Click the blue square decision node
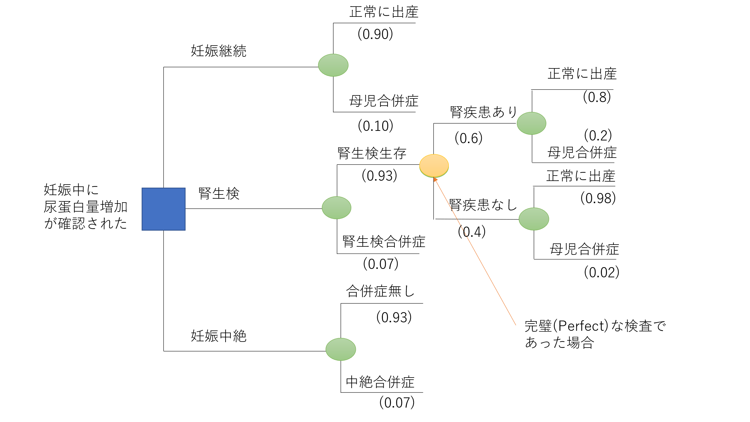pyautogui.click(x=163, y=209)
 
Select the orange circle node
pyautogui.click(x=434, y=165)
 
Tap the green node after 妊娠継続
pyautogui.click(x=333, y=65)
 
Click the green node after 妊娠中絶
pyautogui.click(x=340, y=349)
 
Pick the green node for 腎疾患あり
pyautogui.click(x=531, y=123)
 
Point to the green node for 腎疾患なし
pyautogui.click(x=534, y=219)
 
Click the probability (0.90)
pyautogui.click(x=375, y=34)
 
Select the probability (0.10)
pyautogui.click(x=375, y=126)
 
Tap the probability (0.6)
pyautogui.click(x=469, y=138)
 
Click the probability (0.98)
pyautogui.click(x=598, y=198)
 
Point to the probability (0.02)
pyautogui.click(x=601, y=272)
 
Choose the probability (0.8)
pyautogui.click(x=597, y=97)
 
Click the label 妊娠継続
pyautogui.click(x=218, y=51)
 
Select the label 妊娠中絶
pyautogui.click(x=218, y=336)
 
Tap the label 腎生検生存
pyautogui.click(x=372, y=153)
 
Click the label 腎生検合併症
pyautogui.click(x=384, y=242)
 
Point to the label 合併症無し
pyautogui.click(x=380, y=291)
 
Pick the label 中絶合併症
pyautogui.click(x=380, y=382)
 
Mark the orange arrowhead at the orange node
pyautogui.click(x=435, y=179)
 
